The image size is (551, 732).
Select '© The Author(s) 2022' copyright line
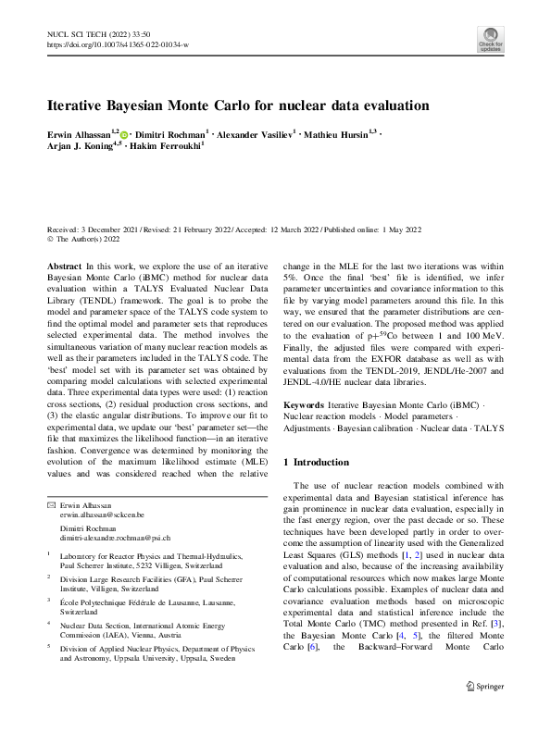(x=85, y=238)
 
